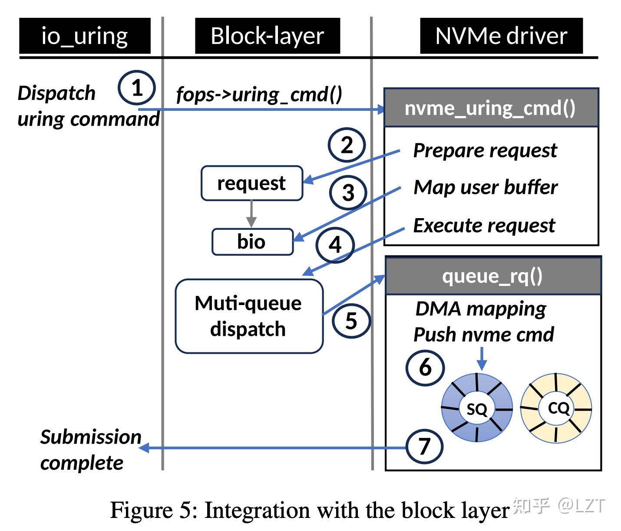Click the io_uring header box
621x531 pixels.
[x=85, y=36]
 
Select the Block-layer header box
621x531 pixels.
[x=267, y=36]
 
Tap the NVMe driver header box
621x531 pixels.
[x=501, y=36]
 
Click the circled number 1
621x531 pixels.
[x=137, y=88]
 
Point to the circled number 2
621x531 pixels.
[x=347, y=145]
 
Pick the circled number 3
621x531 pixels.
[x=348, y=193]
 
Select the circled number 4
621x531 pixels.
[x=335, y=245]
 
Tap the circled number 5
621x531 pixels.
[x=351, y=321]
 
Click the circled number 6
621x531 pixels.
[x=425, y=368]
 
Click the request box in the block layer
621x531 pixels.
[x=251, y=183]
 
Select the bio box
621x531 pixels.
[x=252, y=242]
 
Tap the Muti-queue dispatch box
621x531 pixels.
[x=249, y=316]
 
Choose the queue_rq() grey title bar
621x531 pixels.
[x=493, y=276]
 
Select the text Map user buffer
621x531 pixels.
[x=486, y=187]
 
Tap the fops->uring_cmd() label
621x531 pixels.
[x=259, y=94]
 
